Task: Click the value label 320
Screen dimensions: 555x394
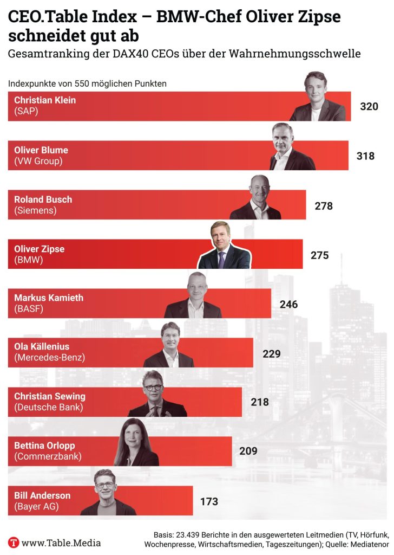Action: tap(369, 107)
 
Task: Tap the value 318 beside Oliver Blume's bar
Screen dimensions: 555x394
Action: tap(365, 156)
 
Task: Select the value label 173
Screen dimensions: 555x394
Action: tap(209, 501)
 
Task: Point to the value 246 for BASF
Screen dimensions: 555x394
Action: tap(288, 304)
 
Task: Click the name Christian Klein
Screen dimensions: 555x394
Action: tap(45, 100)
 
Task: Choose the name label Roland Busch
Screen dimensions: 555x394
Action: tap(43, 199)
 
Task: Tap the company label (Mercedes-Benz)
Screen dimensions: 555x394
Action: tap(49, 357)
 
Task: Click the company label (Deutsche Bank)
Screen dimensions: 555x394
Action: tap(49, 407)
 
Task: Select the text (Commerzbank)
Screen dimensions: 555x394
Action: tap(48, 456)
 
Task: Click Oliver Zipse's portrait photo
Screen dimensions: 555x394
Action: tap(224, 247)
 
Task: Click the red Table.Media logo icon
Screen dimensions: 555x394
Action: tap(14, 542)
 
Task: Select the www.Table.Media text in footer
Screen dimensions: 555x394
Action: tap(61, 542)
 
